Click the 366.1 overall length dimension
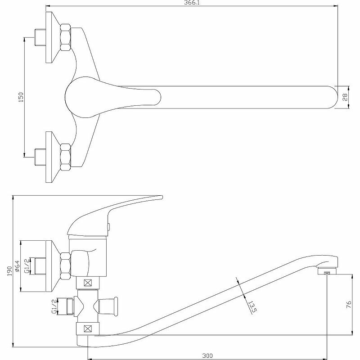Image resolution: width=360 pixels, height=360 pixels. (x=191, y=3)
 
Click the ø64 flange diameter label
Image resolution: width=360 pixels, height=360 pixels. (x=17, y=267)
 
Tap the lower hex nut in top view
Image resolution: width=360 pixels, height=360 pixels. (x=66, y=157)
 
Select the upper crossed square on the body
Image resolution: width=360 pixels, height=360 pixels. (x=88, y=283)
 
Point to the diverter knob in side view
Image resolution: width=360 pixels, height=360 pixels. (x=112, y=306)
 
